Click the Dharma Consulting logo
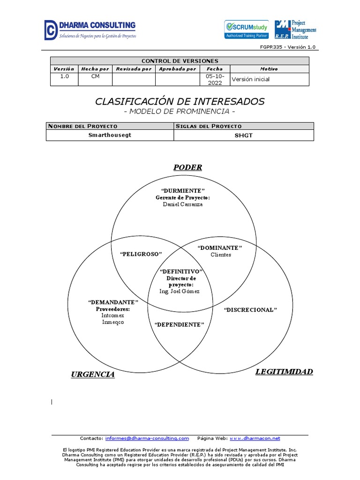pyautogui.click(x=90, y=30)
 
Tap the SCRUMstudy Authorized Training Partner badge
pyautogui.click(x=247, y=29)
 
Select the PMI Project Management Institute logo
pyautogui.click(x=295, y=30)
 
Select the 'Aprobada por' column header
pyautogui.click(x=177, y=69)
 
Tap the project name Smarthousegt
pyautogui.click(x=110, y=135)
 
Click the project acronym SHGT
pyautogui.click(x=243, y=135)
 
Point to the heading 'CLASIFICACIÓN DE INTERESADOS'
pyautogui.click(x=180, y=101)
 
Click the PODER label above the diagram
pyautogui.click(x=187, y=167)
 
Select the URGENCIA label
pyautogui.click(x=93, y=374)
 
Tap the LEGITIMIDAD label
pyautogui.click(x=284, y=372)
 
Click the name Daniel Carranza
pyautogui.click(x=183, y=204)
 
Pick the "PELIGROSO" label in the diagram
pyautogui.click(x=141, y=254)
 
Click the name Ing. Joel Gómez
pyautogui.click(x=180, y=291)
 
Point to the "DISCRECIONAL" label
pyautogui.click(x=251, y=310)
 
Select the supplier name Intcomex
pyautogui.click(x=113, y=315)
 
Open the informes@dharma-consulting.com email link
pyautogui.click(x=147, y=438)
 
